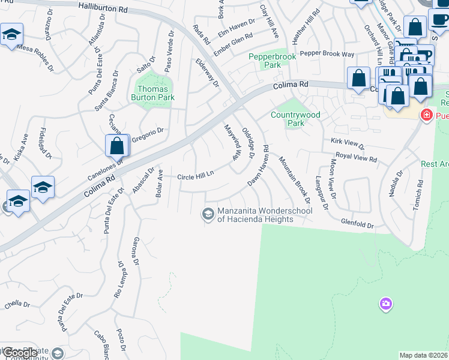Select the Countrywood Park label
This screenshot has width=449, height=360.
[x=295, y=118]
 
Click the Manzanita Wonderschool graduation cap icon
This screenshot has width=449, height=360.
[x=208, y=214]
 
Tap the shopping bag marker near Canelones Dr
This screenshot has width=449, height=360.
[x=117, y=146]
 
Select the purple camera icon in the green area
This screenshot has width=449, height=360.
[x=385, y=305]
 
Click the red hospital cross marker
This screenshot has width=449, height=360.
[x=427, y=114]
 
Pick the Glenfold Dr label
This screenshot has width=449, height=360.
[x=357, y=226]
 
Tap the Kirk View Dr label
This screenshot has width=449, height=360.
[x=348, y=142]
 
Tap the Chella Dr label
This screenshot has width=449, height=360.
[x=13, y=304]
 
